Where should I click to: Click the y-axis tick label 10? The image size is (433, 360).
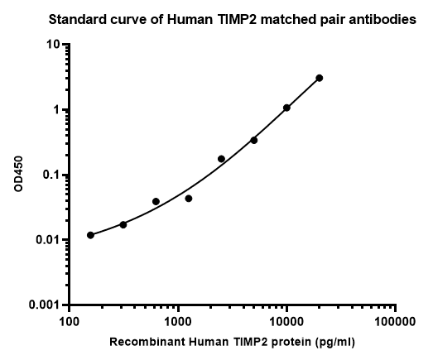pyautogui.click(x=53, y=44)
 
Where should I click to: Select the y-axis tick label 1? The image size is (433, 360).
pyautogui.click(x=56, y=109)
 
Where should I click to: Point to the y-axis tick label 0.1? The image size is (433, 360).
pyautogui.click(x=51, y=175)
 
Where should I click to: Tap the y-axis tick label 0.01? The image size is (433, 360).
pyautogui.click(x=48, y=240)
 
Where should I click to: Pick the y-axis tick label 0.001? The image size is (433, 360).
pyautogui.click(x=45, y=305)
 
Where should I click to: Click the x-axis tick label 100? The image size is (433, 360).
pyautogui.click(x=70, y=322)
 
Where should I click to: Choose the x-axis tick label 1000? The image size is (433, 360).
pyautogui.click(x=178, y=322)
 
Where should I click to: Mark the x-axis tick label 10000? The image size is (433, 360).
pyautogui.click(x=287, y=322)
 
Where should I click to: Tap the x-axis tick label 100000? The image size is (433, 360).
pyautogui.click(x=395, y=322)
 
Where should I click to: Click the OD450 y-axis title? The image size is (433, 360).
pyautogui.click(x=18, y=174)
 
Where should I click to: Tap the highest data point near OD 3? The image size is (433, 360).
pyautogui.click(x=320, y=78)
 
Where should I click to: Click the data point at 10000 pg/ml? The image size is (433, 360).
pyautogui.click(x=286, y=108)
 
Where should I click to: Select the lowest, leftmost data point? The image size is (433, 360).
pyautogui.click(x=90, y=235)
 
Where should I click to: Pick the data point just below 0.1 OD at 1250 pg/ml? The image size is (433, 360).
pyautogui.click(x=189, y=199)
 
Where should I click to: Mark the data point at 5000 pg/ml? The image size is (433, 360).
pyautogui.click(x=254, y=141)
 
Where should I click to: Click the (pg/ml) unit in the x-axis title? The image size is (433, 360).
pyautogui.click(x=334, y=343)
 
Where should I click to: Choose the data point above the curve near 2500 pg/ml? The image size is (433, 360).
pyautogui.click(x=222, y=159)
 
